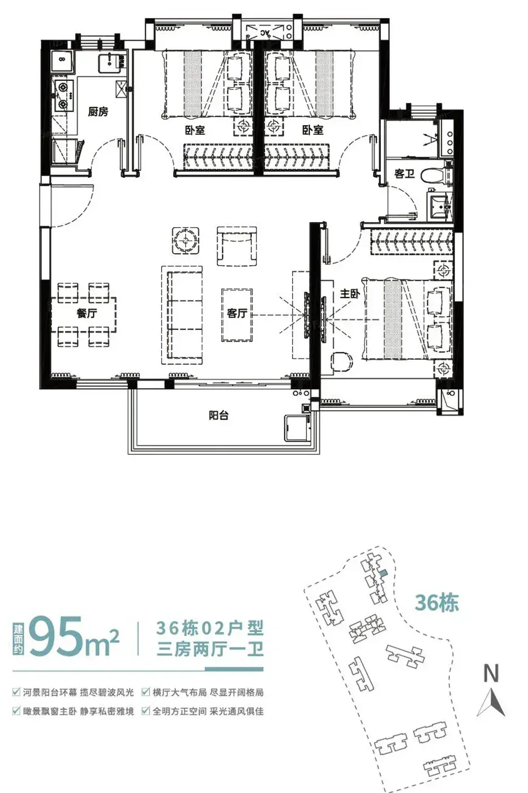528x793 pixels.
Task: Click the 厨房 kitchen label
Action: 98,112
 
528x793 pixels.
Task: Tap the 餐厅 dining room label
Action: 87,313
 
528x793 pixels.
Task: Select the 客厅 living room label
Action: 237,313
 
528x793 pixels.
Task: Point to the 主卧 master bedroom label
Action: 350,293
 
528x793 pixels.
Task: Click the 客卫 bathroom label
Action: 405,174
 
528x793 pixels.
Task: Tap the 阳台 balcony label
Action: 218,415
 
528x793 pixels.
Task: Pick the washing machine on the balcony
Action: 298,428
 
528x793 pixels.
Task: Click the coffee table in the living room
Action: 237,315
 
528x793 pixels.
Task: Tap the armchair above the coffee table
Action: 237,246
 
